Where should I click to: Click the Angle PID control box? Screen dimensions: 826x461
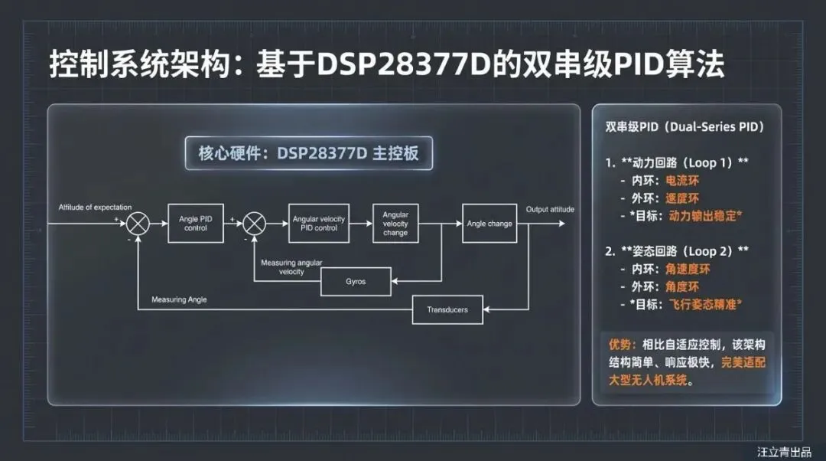point(195,224)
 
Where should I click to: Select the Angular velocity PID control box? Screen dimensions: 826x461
point(319,224)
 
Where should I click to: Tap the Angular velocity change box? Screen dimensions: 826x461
point(395,224)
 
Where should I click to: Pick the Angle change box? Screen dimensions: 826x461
point(489,224)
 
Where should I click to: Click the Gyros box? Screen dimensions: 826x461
point(355,282)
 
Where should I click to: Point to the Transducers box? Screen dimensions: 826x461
point(447,309)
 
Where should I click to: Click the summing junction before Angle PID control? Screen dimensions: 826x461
point(138,224)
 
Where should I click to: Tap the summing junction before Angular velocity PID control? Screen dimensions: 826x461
point(254,224)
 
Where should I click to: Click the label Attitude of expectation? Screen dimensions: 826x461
point(96,208)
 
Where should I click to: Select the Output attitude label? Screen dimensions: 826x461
point(550,209)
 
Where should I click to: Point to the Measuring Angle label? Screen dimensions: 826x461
point(179,299)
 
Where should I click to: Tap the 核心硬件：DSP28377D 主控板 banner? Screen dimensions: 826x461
point(309,153)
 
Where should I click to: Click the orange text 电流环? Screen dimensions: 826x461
point(682,181)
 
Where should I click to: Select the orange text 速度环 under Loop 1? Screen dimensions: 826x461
point(682,199)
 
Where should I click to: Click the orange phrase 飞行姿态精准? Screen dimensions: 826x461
point(704,305)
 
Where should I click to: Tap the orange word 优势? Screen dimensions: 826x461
point(619,345)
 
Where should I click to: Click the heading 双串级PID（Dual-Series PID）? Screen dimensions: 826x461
point(684,126)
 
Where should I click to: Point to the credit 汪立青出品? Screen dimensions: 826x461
point(784,452)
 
